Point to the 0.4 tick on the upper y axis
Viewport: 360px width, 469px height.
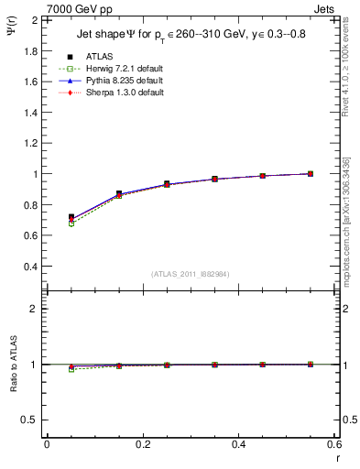pos(31,267)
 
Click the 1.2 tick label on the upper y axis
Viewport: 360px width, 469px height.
pos(31,143)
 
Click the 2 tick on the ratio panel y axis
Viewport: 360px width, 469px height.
pos(35,309)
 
